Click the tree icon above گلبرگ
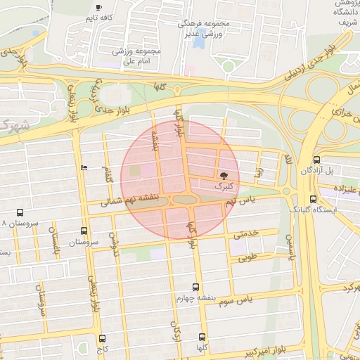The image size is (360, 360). (x=224, y=174)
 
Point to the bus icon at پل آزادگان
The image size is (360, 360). (x=316, y=160)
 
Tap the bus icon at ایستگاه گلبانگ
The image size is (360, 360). (x=313, y=200)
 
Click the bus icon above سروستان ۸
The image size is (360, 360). (x=19, y=212)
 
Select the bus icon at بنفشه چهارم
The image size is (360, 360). (x=195, y=287)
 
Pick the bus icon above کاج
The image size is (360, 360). (x=103, y=338)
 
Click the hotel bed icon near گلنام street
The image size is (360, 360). (x=84, y=167)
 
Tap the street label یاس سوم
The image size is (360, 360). (x=255, y=300)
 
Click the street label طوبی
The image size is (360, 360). (x=247, y=258)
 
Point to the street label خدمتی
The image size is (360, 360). (x=250, y=233)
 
